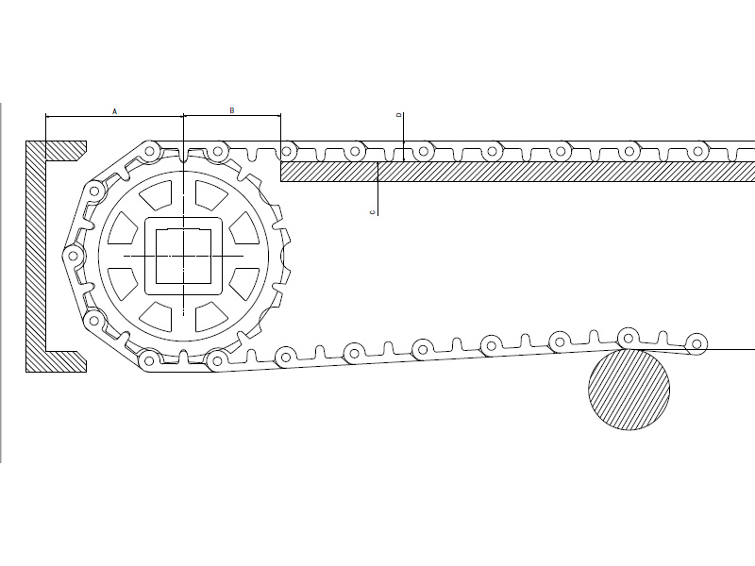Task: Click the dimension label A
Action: [x=114, y=111]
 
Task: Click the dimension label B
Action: [x=232, y=110]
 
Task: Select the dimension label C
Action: [x=372, y=212]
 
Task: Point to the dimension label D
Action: [x=398, y=115]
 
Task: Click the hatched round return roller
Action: [x=629, y=389]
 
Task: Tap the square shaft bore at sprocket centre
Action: [x=183, y=256]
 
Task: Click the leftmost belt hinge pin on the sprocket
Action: [x=74, y=256]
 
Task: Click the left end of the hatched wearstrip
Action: [x=281, y=172]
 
